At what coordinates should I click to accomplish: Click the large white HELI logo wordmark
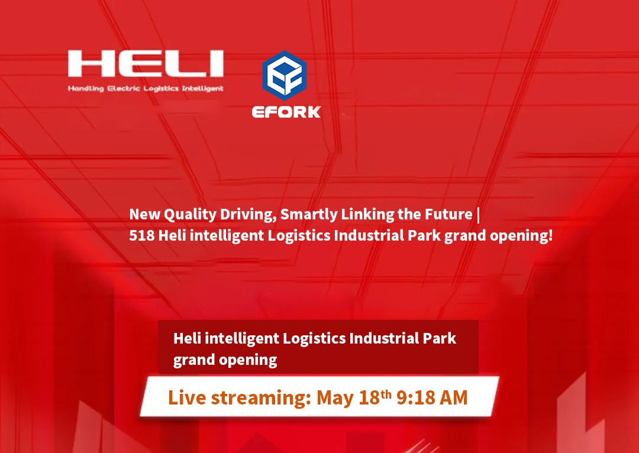click(x=145, y=64)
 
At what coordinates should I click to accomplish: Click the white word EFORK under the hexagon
click(x=286, y=112)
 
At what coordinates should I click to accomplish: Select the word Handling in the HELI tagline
click(x=86, y=89)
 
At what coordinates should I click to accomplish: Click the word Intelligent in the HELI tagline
click(x=202, y=89)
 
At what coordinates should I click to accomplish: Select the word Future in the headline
click(x=450, y=213)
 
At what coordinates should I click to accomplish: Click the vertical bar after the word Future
click(x=478, y=214)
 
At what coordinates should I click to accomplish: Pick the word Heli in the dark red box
click(x=186, y=338)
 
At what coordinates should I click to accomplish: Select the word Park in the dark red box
click(x=439, y=338)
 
